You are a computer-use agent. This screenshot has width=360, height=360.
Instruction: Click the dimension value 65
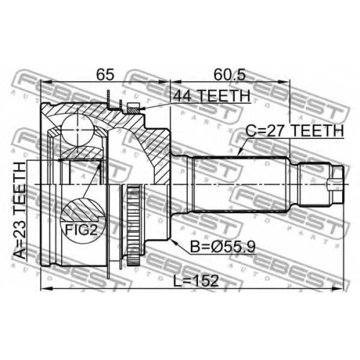click(105, 75)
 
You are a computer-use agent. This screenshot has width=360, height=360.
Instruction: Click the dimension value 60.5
click(230, 75)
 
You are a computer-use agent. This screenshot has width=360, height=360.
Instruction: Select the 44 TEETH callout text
click(212, 96)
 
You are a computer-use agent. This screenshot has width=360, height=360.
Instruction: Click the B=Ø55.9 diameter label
click(222, 246)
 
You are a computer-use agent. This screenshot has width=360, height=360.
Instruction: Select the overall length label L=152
click(197, 281)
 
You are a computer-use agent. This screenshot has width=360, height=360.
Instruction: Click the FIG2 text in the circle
click(81, 230)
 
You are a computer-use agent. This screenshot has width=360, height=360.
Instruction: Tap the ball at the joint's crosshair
click(78, 130)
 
